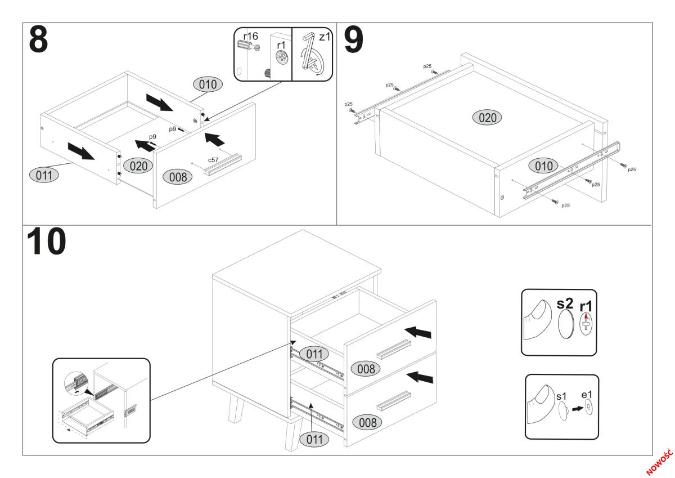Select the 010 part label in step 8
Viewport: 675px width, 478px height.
click(208, 84)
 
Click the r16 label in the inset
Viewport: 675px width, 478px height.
click(250, 37)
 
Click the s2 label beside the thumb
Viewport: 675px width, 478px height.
click(565, 304)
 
